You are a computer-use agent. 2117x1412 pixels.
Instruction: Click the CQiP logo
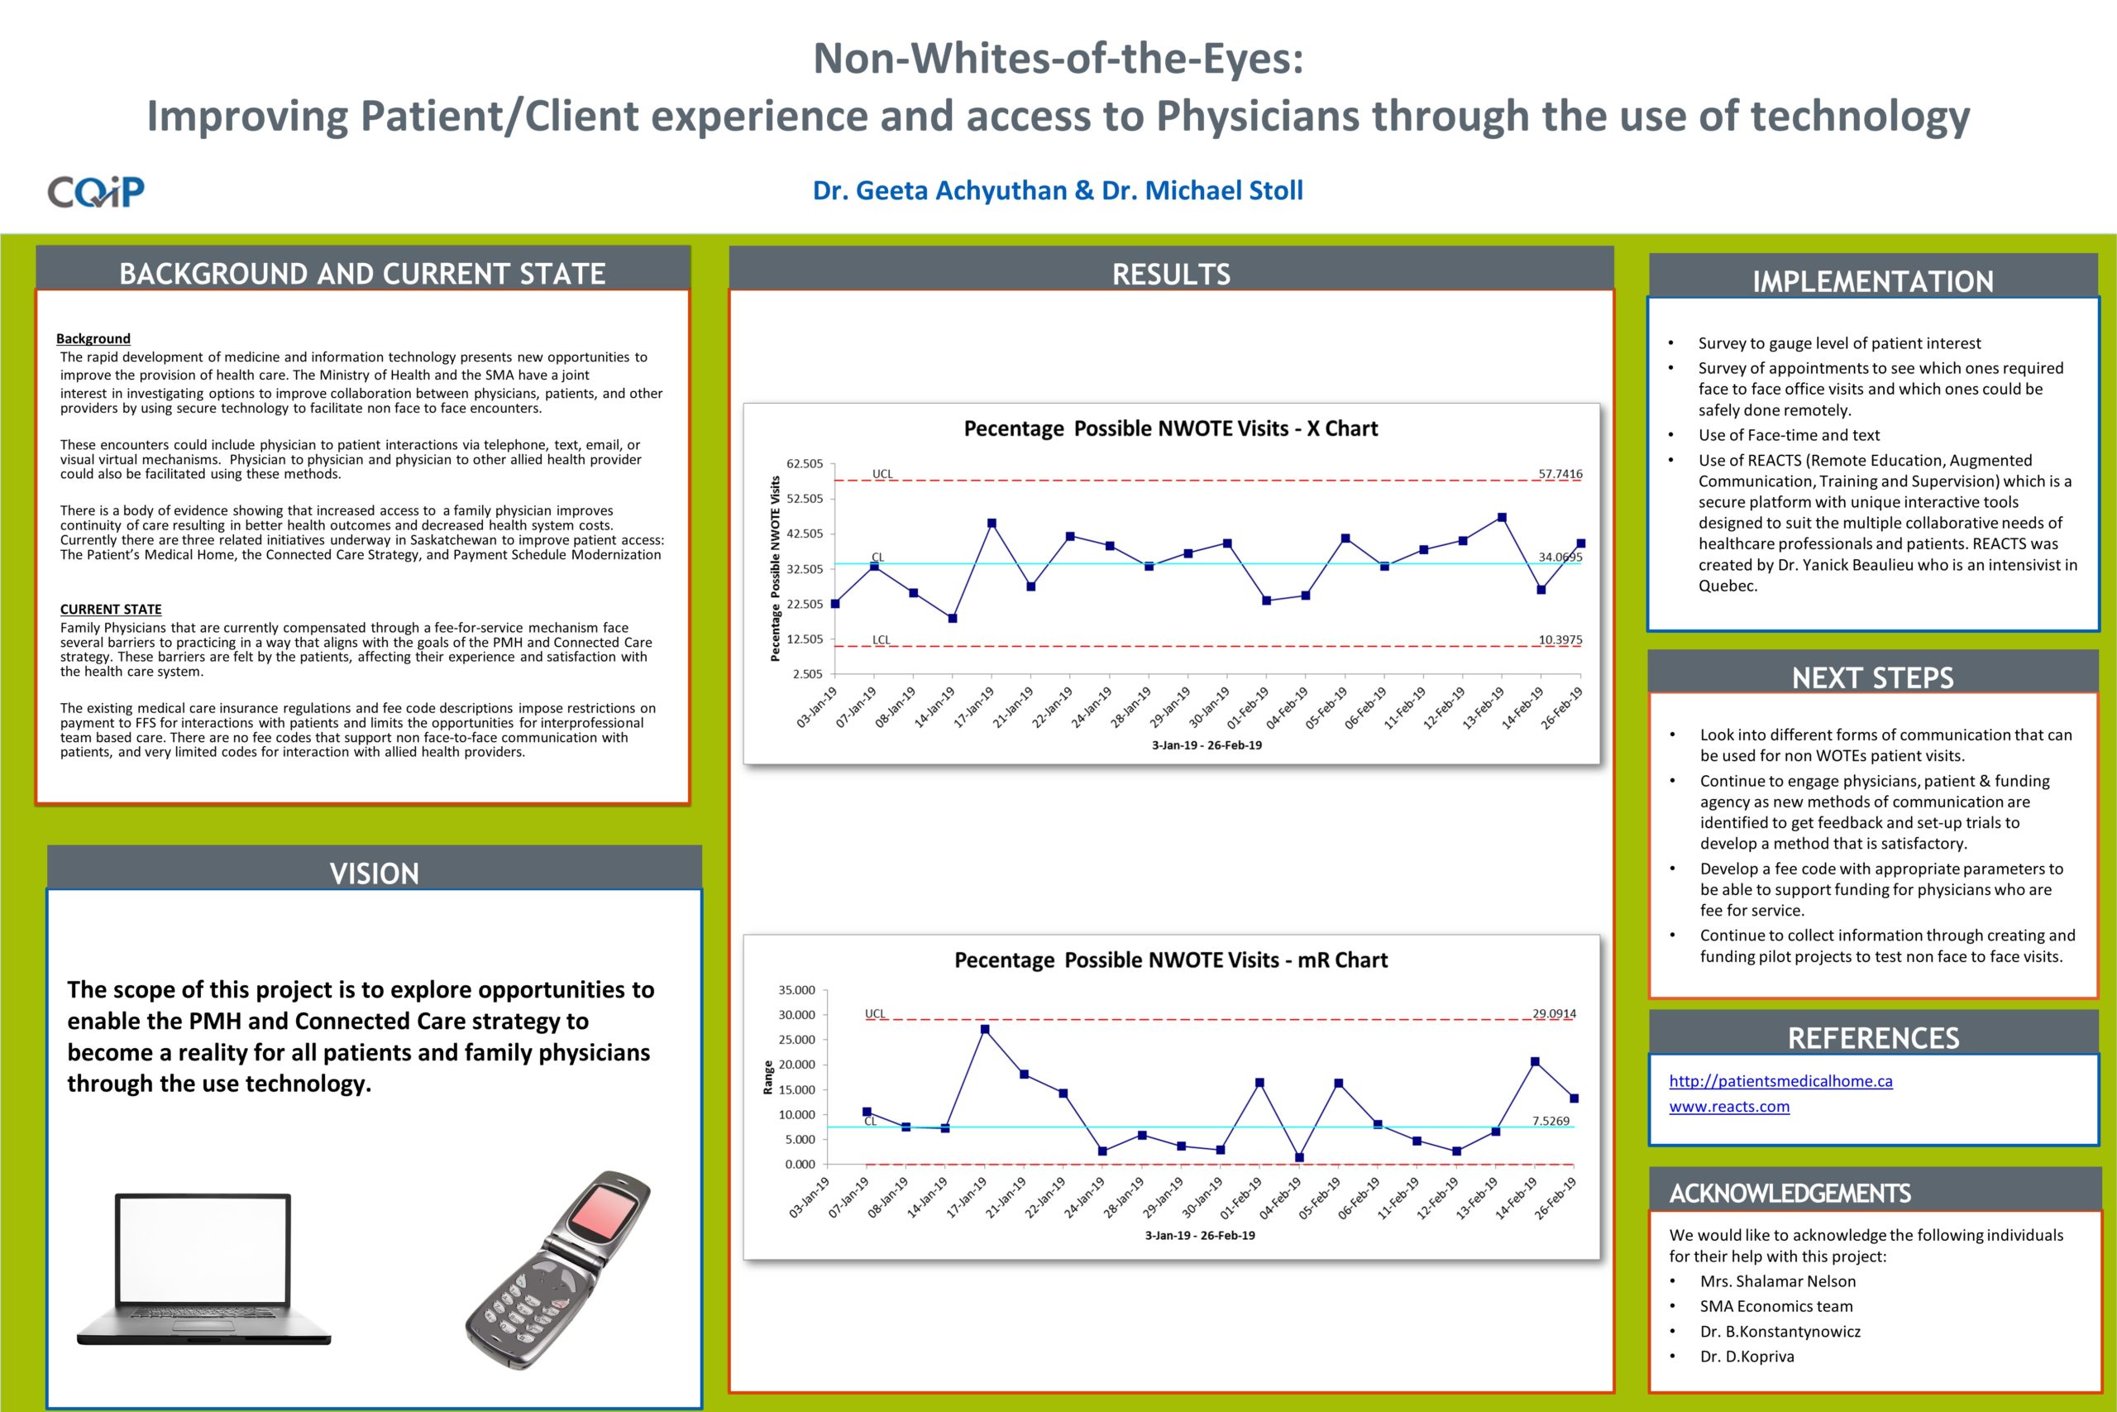(x=95, y=191)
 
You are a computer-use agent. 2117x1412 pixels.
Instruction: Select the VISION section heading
(x=375, y=873)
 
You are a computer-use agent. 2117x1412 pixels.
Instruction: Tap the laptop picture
(x=203, y=1270)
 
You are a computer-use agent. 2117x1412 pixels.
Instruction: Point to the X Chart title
(x=1170, y=428)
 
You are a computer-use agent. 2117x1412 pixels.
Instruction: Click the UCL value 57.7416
(x=1560, y=474)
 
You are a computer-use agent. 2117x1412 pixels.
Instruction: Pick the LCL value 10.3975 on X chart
(x=1560, y=640)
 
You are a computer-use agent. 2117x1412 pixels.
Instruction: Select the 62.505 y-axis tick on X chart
(x=805, y=464)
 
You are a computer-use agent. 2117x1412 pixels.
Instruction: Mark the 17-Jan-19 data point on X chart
(x=992, y=524)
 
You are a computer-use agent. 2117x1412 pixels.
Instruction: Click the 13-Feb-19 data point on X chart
(x=1503, y=518)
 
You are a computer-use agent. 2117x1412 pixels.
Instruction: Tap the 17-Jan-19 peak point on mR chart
(x=985, y=1029)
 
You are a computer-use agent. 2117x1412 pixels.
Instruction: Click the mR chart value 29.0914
(x=1555, y=1014)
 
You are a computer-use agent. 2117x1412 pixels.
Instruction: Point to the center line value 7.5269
(x=1551, y=1121)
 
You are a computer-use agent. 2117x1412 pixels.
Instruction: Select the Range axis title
(x=767, y=1078)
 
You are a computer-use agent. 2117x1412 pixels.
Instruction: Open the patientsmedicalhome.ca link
(x=1780, y=1080)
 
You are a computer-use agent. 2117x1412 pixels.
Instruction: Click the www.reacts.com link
(x=1729, y=1106)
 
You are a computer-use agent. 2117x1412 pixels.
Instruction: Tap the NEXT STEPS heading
(x=1872, y=677)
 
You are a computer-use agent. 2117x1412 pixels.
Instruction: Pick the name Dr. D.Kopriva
(x=1747, y=1357)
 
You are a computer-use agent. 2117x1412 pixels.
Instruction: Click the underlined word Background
(x=93, y=338)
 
